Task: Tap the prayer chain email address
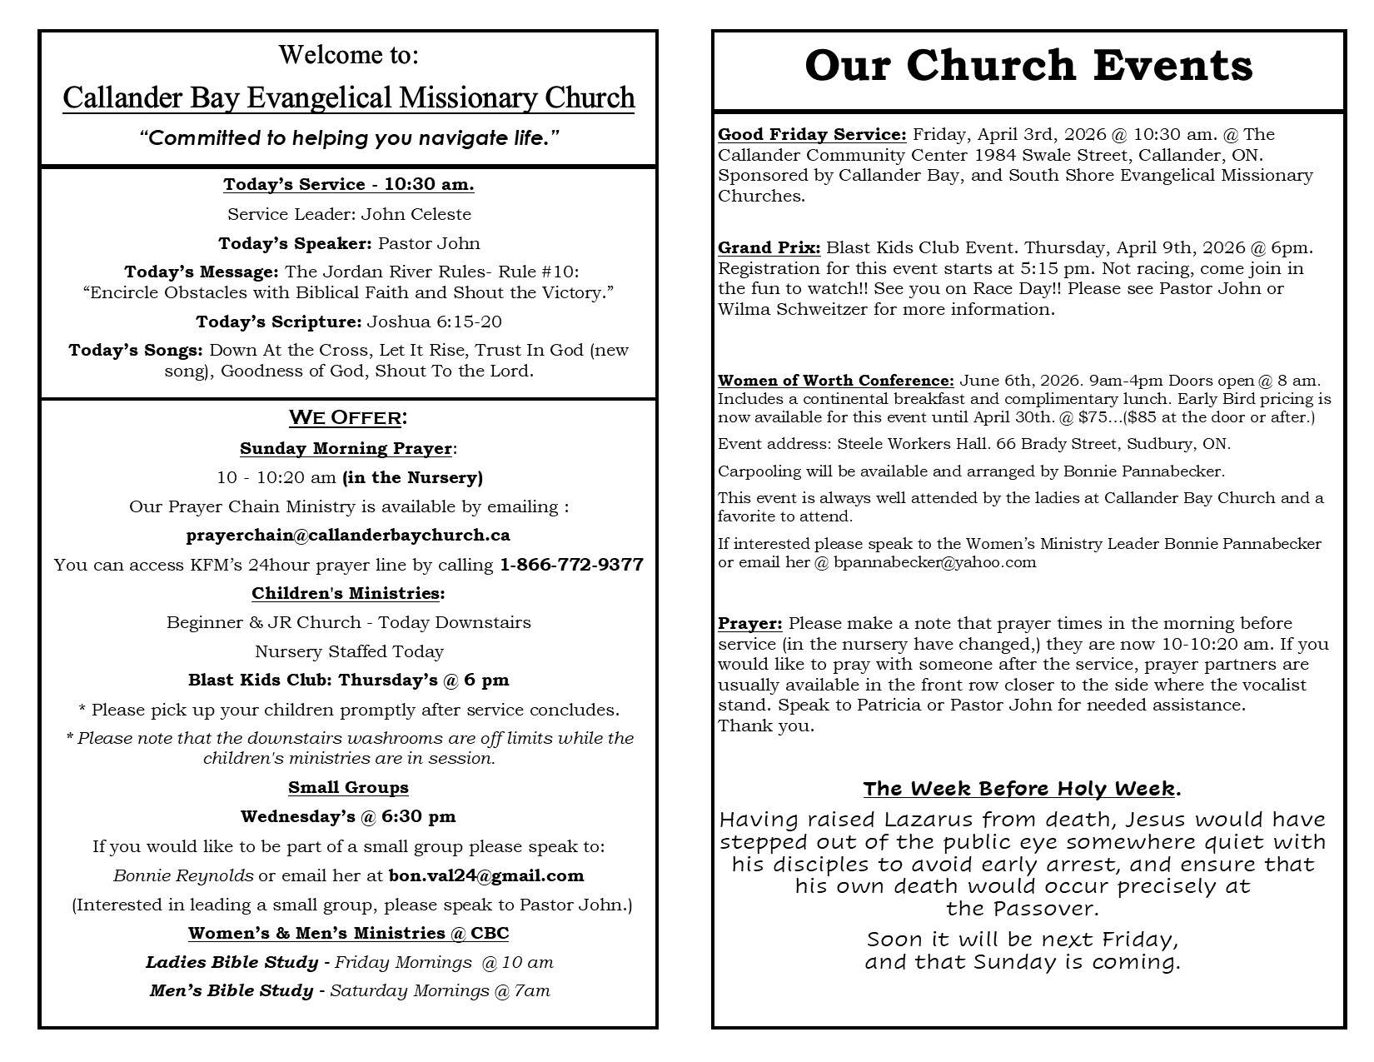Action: point(348,536)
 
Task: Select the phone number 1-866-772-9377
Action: point(571,565)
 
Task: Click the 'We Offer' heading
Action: point(347,417)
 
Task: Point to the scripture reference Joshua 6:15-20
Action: point(435,322)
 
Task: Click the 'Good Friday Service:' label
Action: point(812,135)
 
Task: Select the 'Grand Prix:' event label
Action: point(769,248)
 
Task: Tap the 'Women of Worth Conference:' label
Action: point(836,381)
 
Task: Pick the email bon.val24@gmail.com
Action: point(486,875)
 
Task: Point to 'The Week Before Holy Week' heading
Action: point(1020,789)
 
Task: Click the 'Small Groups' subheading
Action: point(348,788)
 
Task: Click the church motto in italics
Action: point(348,138)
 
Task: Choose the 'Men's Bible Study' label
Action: point(231,991)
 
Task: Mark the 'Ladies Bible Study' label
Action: point(231,963)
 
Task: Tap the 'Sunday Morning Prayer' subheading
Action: point(346,449)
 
